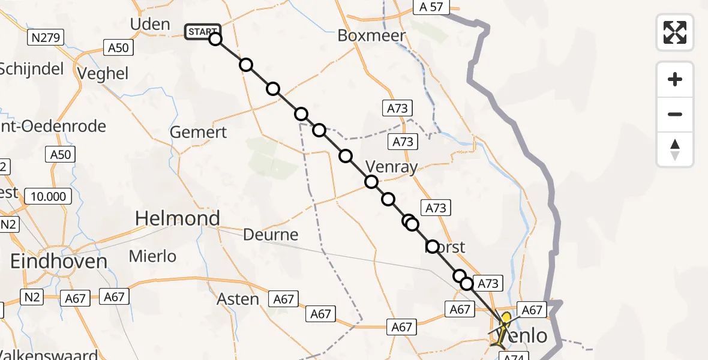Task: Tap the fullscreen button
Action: point(675,32)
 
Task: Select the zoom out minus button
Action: point(675,114)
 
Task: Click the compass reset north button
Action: point(675,149)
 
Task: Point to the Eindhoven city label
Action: point(59,261)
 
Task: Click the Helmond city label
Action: point(178,218)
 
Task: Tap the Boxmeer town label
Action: point(371,35)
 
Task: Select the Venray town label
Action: point(391,167)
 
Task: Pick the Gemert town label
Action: point(199,132)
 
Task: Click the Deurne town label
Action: point(271,235)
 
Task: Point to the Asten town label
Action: point(238,299)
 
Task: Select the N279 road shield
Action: point(46,38)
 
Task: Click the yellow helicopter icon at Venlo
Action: point(503,327)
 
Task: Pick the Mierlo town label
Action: point(153,256)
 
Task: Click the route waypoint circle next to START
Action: point(215,40)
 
